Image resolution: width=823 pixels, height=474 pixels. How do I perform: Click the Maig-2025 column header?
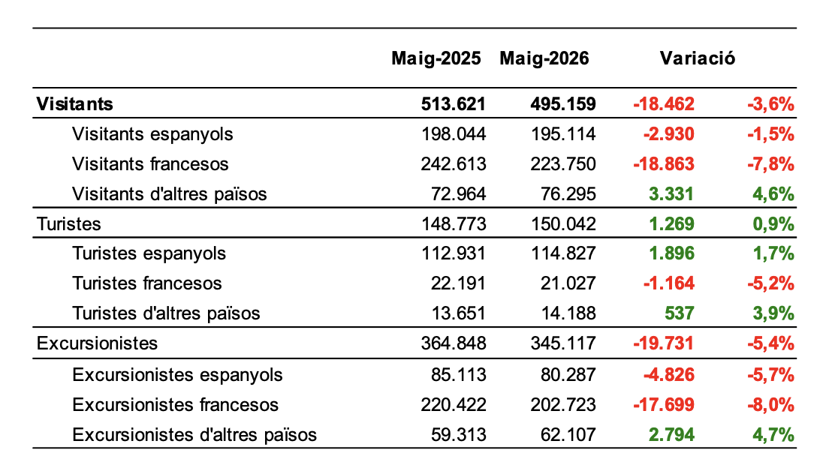pyautogui.click(x=436, y=58)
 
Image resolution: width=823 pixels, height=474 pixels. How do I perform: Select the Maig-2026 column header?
pyautogui.click(x=544, y=58)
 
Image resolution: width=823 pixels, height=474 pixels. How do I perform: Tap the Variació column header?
pyautogui.click(x=698, y=58)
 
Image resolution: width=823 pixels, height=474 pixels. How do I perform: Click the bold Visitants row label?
pyautogui.click(x=74, y=103)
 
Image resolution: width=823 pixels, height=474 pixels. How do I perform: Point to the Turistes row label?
pyautogui.click(x=69, y=224)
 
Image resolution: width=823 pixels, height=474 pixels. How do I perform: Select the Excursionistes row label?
pyautogui.click(x=97, y=343)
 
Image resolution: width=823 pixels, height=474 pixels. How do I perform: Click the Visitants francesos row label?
pyautogui.click(x=150, y=164)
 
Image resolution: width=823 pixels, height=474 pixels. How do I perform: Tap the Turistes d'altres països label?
pyautogui.click(x=167, y=313)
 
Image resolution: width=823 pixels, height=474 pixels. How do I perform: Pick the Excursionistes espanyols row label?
pyautogui.click(x=177, y=376)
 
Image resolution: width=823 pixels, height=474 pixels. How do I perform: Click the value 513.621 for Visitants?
pyautogui.click(x=454, y=103)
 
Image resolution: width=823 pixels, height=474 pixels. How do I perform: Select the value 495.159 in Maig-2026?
pyautogui.click(x=563, y=103)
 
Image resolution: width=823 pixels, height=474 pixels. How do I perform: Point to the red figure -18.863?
pyautogui.click(x=664, y=164)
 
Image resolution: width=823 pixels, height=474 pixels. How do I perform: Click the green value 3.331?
pyautogui.click(x=671, y=194)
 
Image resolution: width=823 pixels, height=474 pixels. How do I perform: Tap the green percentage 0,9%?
pyautogui.click(x=773, y=224)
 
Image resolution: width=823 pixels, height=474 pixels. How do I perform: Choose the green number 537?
pyautogui.click(x=679, y=313)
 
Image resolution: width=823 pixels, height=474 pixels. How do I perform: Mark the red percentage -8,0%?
pyautogui.click(x=770, y=405)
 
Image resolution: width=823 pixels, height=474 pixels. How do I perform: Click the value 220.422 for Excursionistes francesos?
pyautogui.click(x=454, y=405)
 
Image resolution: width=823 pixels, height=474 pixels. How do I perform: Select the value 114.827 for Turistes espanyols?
pyautogui.click(x=563, y=253)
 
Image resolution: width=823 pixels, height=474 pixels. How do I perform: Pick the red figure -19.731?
pyautogui.click(x=664, y=343)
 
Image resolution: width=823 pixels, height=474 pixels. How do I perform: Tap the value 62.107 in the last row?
pyautogui.click(x=568, y=435)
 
